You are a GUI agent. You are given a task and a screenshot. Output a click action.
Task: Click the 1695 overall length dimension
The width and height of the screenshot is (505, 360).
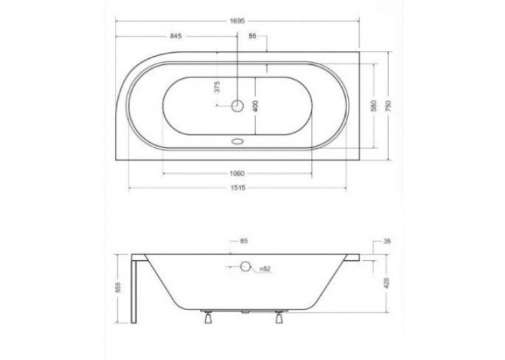(238, 21)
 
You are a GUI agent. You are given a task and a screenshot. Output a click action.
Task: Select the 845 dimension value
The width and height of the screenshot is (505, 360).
(176, 36)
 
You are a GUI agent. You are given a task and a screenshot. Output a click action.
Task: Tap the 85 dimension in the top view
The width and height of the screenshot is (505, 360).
(252, 36)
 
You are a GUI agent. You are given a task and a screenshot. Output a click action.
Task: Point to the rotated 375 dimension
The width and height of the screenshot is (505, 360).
(217, 87)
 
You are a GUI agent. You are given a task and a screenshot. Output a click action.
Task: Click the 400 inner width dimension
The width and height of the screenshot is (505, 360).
(255, 106)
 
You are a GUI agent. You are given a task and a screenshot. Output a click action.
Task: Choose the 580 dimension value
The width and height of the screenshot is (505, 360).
(373, 106)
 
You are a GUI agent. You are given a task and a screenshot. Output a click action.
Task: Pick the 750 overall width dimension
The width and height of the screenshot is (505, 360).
(388, 106)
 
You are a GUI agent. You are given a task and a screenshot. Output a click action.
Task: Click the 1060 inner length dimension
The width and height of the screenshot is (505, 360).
(237, 173)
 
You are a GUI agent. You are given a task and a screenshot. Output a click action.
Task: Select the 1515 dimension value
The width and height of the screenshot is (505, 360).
(238, 188)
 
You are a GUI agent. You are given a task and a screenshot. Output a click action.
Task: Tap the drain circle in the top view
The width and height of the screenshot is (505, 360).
(238, 105)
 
